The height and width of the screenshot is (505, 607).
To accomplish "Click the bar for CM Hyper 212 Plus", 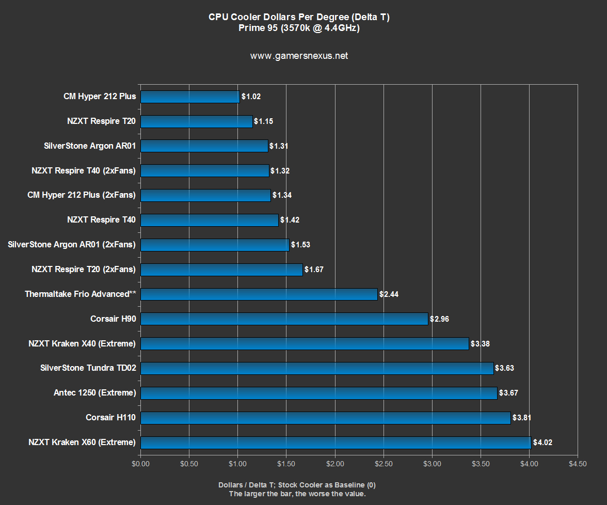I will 190,97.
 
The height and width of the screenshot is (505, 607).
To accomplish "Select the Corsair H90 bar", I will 284,319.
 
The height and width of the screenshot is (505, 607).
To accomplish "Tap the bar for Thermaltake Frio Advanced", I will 259,294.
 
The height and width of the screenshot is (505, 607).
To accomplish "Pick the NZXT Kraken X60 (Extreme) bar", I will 336,443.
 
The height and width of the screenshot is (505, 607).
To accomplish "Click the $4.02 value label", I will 543,443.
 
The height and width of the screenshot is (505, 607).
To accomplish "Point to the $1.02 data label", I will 252,97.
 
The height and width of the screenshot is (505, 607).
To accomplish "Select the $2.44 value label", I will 389,294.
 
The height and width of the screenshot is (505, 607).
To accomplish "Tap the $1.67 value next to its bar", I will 314,270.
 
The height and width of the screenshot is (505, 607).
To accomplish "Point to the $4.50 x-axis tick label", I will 578,464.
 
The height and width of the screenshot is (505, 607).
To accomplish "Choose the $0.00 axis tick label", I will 140,464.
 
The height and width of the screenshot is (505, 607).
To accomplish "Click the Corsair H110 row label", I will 110,417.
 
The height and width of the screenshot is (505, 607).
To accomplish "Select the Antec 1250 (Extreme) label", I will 94,393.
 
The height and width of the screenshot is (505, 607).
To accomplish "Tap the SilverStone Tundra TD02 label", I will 88,368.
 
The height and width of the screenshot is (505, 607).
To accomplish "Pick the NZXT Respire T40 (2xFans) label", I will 83,170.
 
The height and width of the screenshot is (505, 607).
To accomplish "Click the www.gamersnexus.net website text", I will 299,56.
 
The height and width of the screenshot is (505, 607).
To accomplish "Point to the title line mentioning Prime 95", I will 299,28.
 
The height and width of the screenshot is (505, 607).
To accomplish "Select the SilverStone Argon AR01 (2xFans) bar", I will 215,245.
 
